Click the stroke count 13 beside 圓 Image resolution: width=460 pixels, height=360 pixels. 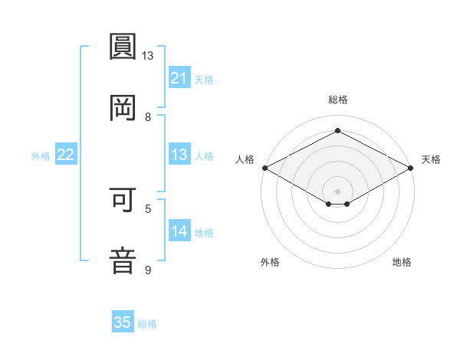tap(148, 56)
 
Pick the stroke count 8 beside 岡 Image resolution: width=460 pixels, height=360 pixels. tap(148, 117)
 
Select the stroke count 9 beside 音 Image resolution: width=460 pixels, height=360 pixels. tap(148, 270)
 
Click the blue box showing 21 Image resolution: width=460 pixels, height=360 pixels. tap(179, 78)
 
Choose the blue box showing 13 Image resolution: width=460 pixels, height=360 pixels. tap(179, 155)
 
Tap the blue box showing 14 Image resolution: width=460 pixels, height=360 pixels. tap(179, 231)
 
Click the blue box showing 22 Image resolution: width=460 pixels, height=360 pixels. tap(66, 155)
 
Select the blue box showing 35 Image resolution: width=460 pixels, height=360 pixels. tap(123, 322)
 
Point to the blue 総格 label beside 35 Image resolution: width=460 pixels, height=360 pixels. tap(147, 324)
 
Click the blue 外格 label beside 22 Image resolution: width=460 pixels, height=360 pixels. tap(41, 156)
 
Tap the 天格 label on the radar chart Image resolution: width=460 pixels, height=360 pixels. tap(431, 159)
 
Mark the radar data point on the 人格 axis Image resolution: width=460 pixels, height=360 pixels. tap(264, 168)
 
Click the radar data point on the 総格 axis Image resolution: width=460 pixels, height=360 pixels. tap(337, 131)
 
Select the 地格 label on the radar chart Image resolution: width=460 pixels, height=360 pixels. tap(402, 262)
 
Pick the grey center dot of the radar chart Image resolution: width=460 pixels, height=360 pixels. tap(337, 190)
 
